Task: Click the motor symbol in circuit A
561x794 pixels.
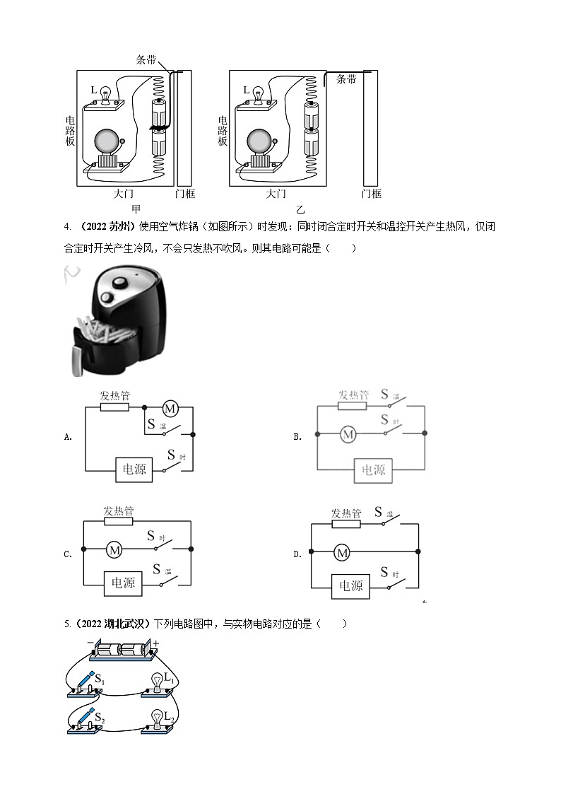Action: click(170, 408)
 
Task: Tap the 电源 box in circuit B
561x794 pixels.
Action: click(373, 469)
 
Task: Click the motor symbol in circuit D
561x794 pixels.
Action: click(342, 553)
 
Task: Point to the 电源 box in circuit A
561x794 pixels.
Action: click(134, 468)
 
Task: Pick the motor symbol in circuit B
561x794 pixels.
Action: click(347, 435)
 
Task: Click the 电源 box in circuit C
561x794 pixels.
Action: click(119, 583)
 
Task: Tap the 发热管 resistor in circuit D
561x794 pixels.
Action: click(346, 525)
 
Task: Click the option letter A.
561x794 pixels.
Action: click(68, 437)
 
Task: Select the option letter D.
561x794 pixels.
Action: click(297, 554)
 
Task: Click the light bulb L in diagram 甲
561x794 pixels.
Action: click(107, 93)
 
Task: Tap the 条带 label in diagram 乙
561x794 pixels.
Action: click(347, 80)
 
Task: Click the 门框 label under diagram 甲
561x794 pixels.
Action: click(184, 194)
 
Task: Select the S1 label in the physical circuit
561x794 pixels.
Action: click(100, 680)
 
